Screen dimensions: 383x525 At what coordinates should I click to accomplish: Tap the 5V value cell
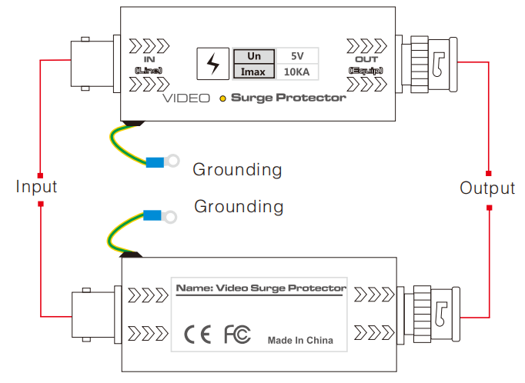[296, 56]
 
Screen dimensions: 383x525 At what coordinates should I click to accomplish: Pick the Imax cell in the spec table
[253, 72]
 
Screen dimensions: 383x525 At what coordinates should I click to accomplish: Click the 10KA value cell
[297, 72]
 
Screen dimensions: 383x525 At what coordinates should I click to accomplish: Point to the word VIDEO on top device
[186, 98]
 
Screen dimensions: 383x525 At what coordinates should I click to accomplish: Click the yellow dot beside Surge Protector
[222, 98]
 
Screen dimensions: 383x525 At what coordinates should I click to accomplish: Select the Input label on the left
[37, 187]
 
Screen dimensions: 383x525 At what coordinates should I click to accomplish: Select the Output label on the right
[487, 188]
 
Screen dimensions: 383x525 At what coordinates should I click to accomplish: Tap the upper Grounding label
[237, 168]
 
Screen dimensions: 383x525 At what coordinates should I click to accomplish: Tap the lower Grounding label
[239, 206]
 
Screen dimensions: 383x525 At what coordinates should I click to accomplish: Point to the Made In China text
[300, 340]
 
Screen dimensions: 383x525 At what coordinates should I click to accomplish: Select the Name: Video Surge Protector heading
[261, 288]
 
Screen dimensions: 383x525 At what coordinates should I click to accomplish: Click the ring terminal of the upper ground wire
[173, 161]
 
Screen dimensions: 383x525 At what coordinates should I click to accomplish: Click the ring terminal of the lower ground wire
[169, 217]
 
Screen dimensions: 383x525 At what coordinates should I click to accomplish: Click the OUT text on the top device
[366, 59]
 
